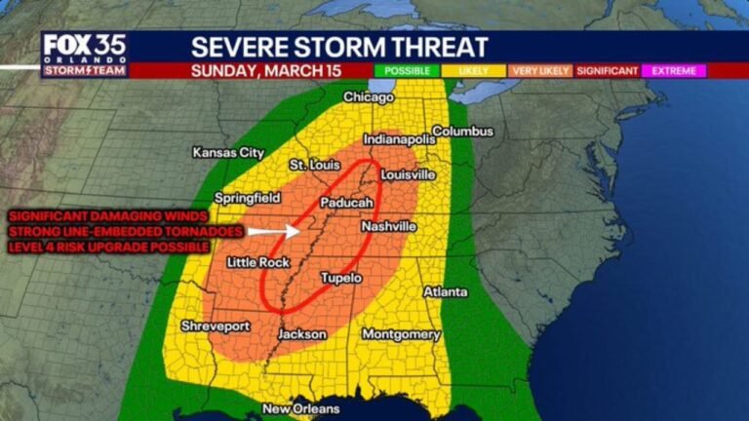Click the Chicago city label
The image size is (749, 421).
pos(368,97)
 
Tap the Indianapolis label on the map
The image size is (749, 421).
pos(398,139)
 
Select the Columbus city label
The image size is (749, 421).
pos(462,131)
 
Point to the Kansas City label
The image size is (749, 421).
pos(228,153)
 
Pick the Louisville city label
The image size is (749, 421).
pos(408,174)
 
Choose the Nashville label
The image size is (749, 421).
pos(389,226)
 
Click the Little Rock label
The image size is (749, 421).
pos(258,263)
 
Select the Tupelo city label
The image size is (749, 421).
pos(341,279)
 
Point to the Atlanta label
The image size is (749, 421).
pos(445,292)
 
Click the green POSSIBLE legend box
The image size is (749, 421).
pos(407,71)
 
